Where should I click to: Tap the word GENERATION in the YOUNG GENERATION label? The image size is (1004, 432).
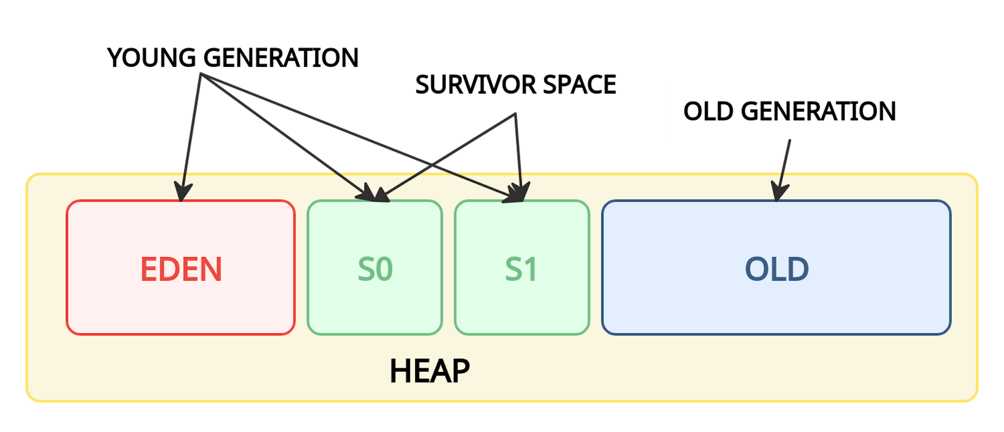(x=281, y=57)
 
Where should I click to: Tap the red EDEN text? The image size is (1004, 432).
(x=181, y=270)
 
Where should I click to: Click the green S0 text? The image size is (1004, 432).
(x=375, y=270)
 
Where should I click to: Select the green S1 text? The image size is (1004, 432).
(x=521, y=270)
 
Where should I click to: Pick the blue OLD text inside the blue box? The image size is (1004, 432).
(x=777, y=270)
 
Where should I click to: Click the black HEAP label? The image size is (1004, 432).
(x=429, y=371)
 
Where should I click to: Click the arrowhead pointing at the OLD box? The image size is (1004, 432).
(x=779, y=192)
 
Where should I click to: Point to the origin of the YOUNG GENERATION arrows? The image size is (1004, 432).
(x=201, y=76)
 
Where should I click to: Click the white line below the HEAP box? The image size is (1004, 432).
(x=455, y=404)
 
